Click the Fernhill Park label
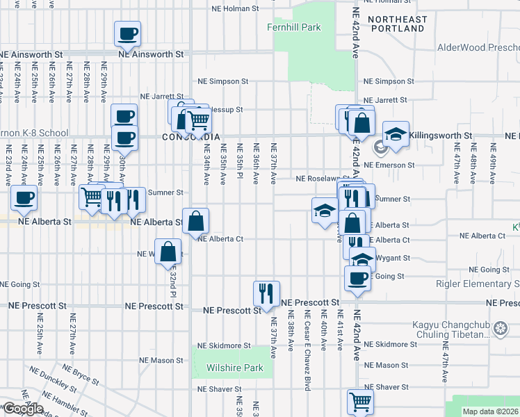[294, 27]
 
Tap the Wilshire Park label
[234, 367]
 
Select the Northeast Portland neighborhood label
[397, 24]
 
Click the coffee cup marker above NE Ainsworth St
[128, 33]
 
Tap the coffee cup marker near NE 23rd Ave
[24, 197]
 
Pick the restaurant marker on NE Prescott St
[266, 293]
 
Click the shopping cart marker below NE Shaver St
[360, 401]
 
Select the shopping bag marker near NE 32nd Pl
[168, 252]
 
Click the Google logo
[23, 409]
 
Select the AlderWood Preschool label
[478, 48]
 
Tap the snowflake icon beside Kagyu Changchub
[499, 328]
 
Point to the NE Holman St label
[235, 10]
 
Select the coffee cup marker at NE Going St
[358, 278]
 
